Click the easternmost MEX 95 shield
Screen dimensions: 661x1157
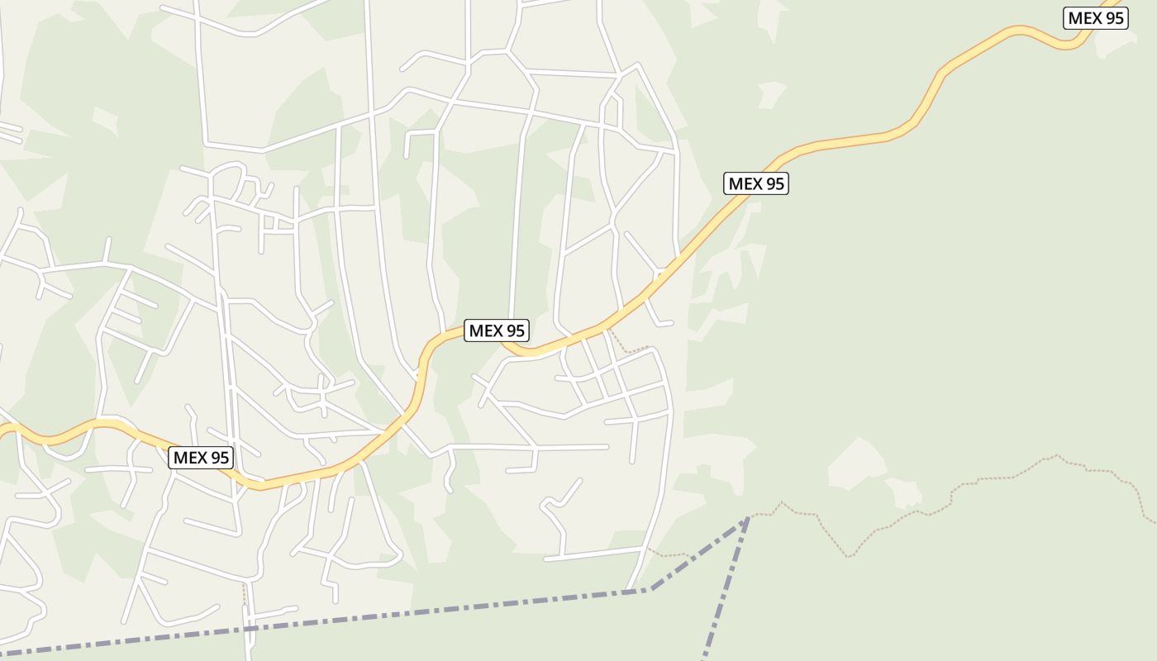pyautogui.click(x=1095, y=18)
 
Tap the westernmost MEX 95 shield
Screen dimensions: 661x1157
pyautogui.click(x=201, y=458)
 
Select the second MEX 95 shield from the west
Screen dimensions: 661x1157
pyautogui.click(x=496, y=330)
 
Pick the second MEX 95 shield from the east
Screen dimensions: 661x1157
pyautogui.click(x=755, y=183)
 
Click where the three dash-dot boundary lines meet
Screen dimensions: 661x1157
pyautogui.click(x=747, y=518)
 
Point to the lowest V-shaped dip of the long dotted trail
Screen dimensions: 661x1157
pyautogui.click(x=849, y=556)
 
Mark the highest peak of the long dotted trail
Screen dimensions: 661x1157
pyautogui.click(x=1056, y=455)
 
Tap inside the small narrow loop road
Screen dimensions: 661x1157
pyautogui.click(x=612, y=112)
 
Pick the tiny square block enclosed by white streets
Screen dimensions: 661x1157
pyautogui.click(x=268, y=222)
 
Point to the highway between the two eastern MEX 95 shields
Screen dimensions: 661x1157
pyautogui.click(x=909, y=124)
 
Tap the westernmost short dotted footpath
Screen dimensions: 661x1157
pyautogui.click(x=245, y=595)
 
